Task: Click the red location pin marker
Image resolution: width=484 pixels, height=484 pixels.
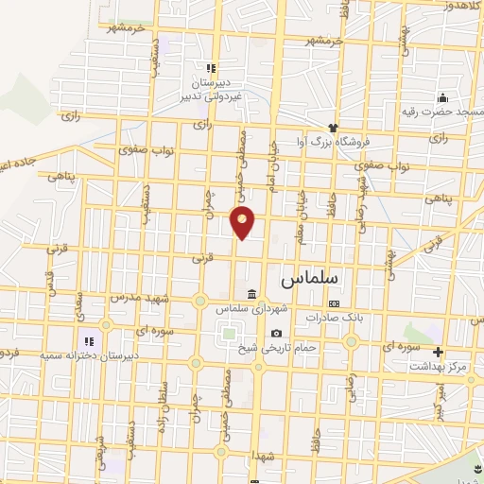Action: (x=244, y=222)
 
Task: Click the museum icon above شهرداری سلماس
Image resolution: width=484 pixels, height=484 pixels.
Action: (x=251, y=293)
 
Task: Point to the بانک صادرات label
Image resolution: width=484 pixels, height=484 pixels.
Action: (x=334, y=318)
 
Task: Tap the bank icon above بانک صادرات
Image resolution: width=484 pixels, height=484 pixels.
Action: (x=334, y=303)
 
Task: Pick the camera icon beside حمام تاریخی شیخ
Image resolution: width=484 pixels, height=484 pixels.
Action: (x=276, y=333)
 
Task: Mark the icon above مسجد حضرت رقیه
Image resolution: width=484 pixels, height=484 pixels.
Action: (x=441, y=97)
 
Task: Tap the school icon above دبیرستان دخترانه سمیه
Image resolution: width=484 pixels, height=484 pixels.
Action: (x=88, y=340)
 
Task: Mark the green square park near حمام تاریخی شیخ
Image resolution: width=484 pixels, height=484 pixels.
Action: (x=228, y=333)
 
